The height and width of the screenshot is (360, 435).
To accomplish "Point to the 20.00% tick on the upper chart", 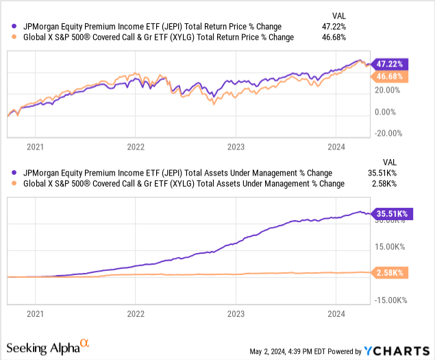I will (x=388, y=89).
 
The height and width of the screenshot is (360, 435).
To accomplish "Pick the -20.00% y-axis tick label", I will (x=388, y=134).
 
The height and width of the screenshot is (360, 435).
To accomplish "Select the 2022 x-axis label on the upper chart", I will (x=136, y=146).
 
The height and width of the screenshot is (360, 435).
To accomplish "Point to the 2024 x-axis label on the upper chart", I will (x=336, y=146).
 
